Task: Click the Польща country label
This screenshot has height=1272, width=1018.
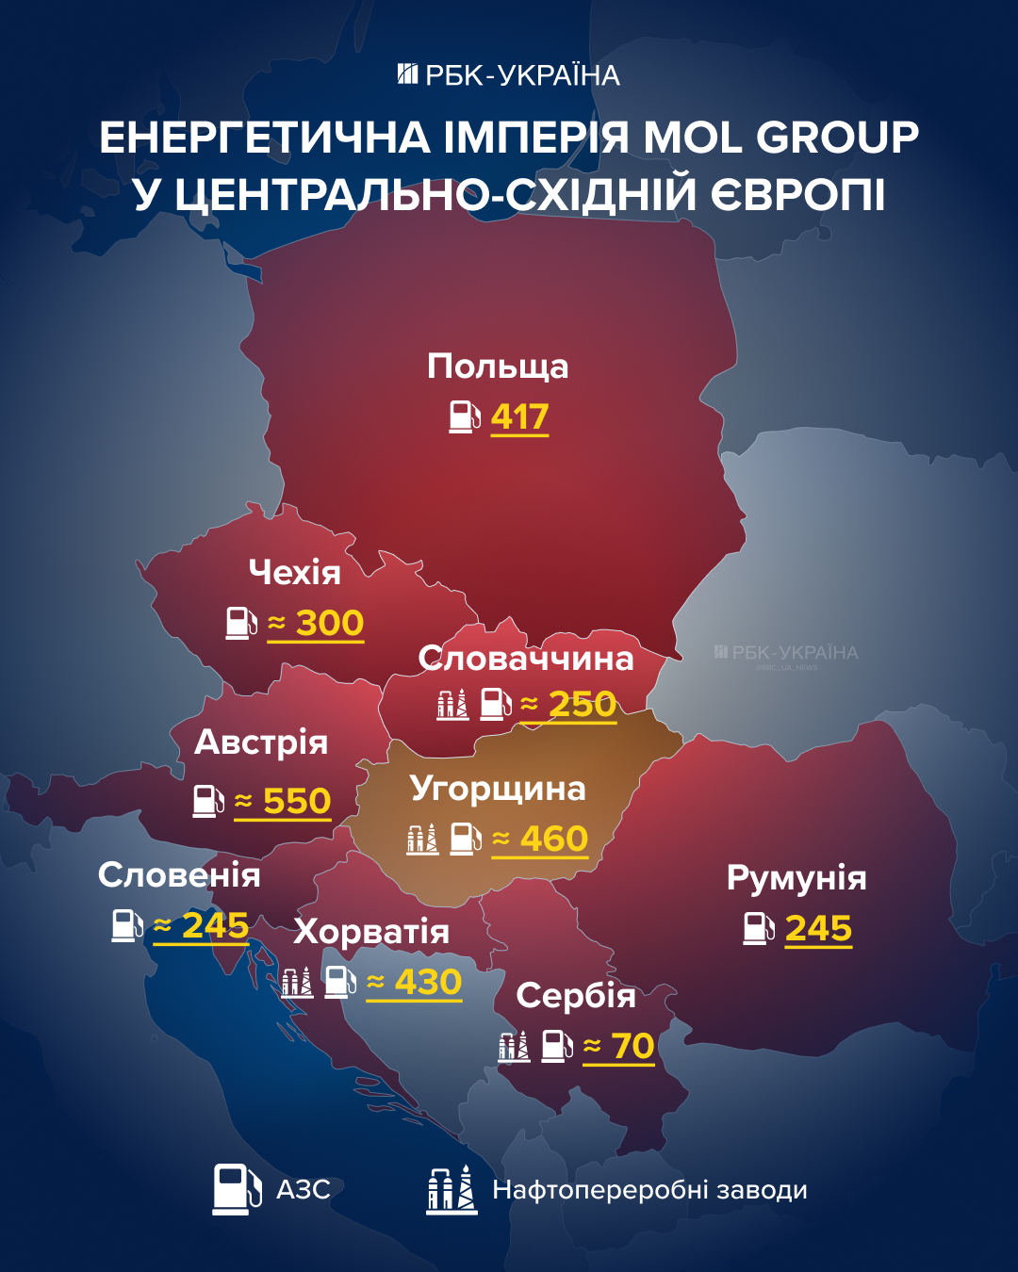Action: [x=498, y=367]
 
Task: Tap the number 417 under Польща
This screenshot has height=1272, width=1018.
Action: [x=519, y=416]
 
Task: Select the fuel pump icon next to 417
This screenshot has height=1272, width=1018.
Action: [x=465, y=416]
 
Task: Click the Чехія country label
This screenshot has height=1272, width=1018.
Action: [x=294, y=572]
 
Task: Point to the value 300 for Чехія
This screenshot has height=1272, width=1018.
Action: [x=329, y=623]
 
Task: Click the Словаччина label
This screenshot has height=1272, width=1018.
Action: [x=526, y=658]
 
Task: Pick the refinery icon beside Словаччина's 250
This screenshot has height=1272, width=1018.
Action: [x=452, y=704]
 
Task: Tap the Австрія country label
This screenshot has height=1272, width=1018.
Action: [x=261, y=742]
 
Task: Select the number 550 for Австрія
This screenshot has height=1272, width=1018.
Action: [x=296, y=801]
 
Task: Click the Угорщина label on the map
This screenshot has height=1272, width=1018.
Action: [x=498, y=789]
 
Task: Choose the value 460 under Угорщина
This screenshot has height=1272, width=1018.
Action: [x=553, y=839]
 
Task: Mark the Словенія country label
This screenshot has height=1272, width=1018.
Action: [x=179, y=875]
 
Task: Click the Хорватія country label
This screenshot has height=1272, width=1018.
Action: [x=371, y=932]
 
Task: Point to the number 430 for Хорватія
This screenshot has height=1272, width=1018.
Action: [x=428, y=982]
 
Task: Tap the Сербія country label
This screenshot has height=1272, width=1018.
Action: [x=576, y=996]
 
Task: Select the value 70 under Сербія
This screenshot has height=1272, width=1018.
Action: [x=632, y=1046]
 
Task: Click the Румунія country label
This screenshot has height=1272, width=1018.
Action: [x=796, y=878]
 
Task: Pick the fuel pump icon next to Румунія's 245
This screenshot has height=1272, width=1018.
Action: [x=758, y=928]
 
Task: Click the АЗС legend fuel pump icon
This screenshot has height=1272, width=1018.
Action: [x=237, y=1189]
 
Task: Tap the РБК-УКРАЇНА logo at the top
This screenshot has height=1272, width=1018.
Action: [x=509, y=75]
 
